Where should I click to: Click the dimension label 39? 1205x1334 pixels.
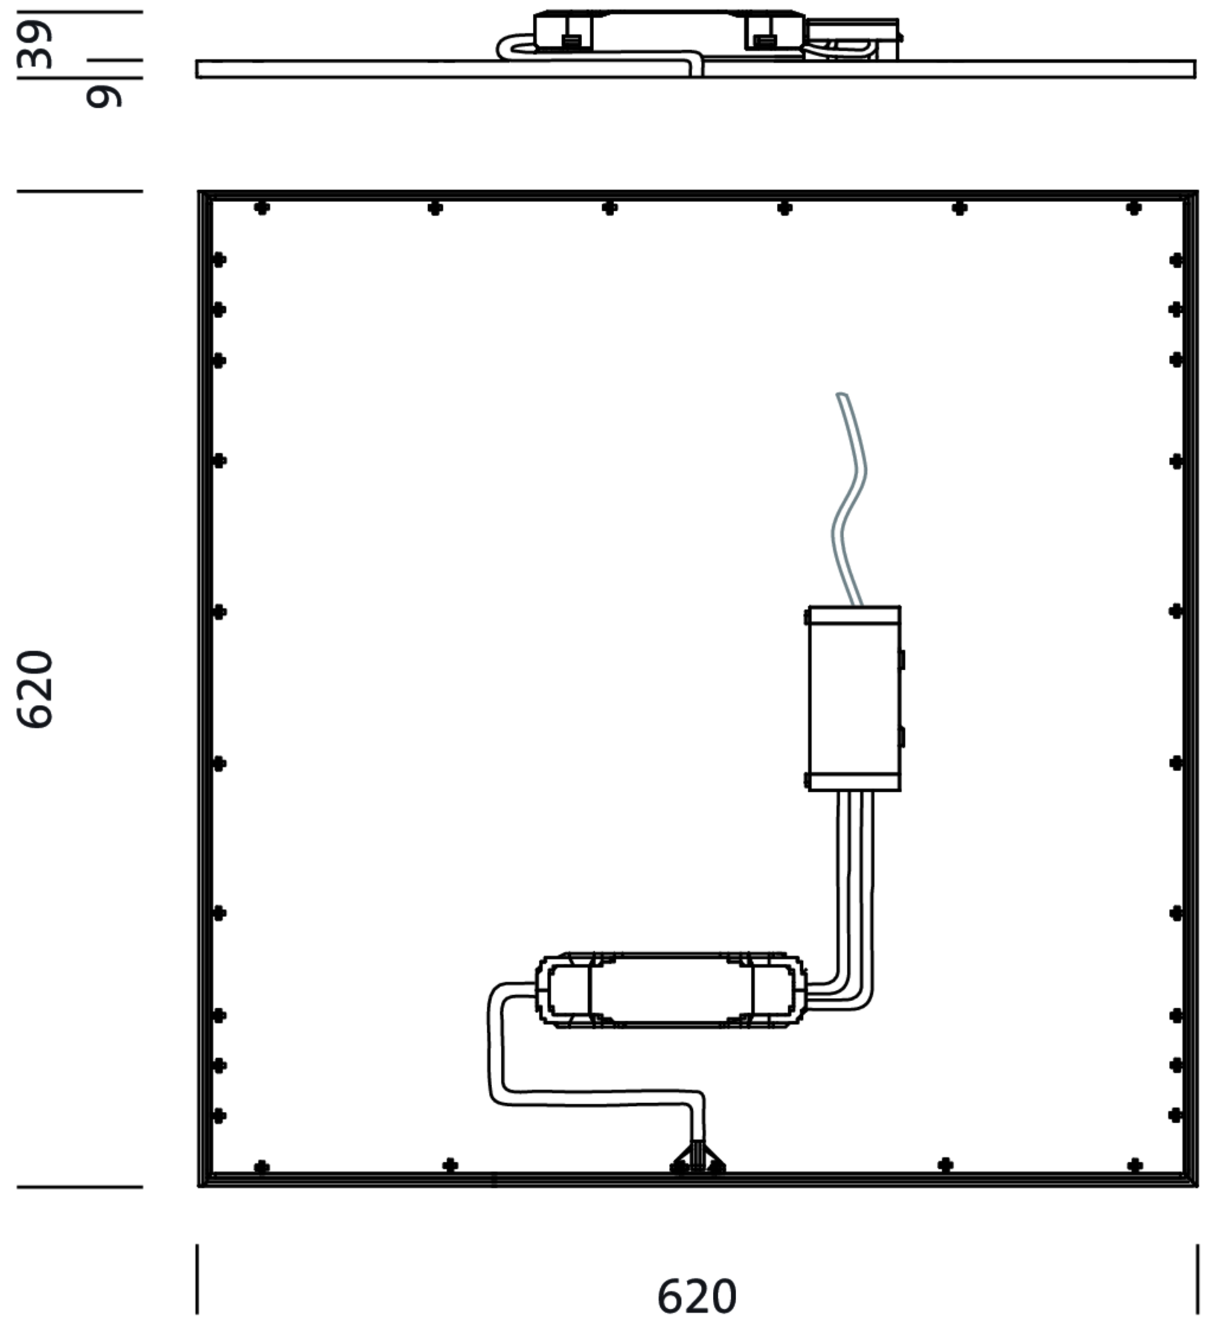[x=35, y=45]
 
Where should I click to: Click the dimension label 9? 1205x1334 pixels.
[x=104, y=97]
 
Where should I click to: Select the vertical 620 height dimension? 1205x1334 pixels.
[x=34, y=689]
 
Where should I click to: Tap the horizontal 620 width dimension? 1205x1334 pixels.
[x=697, y=1296]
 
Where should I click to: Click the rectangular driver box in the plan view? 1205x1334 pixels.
[x=854, y=698]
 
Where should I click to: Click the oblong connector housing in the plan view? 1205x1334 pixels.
[x=671, y=990]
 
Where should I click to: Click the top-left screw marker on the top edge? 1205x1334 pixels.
[x=262, y=208]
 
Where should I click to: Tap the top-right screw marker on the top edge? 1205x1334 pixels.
[x=1134, y=208]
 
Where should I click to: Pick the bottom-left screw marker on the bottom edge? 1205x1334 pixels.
[x=262, y=1167]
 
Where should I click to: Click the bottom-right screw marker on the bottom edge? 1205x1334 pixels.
[x=1135, y=1166]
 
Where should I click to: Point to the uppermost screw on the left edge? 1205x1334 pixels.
[x=219, y=259]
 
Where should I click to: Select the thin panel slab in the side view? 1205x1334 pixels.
[x=696, y=69]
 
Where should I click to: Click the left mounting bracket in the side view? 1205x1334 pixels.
[x=563, y=32]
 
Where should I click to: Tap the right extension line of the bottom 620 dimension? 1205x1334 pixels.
[x=1198, y=1279]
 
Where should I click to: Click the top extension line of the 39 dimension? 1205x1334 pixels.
[x=80, y=12]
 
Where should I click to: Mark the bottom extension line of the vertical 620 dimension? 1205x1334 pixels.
[x=80, y=1187]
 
